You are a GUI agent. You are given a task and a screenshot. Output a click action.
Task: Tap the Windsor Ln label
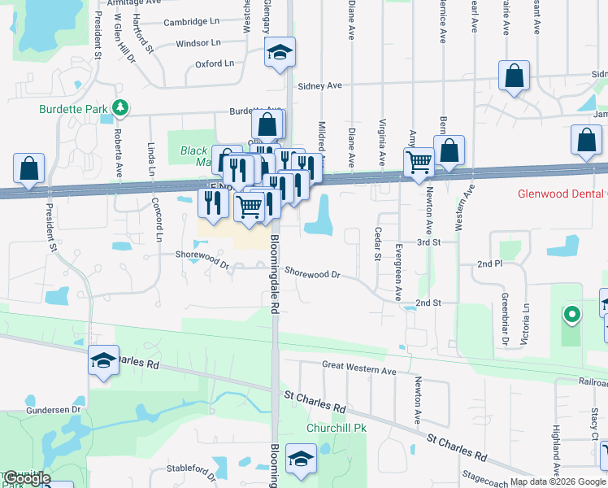198,43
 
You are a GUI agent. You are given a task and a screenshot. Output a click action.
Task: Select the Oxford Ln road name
215,63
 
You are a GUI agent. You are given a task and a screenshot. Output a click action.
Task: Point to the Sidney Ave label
319,85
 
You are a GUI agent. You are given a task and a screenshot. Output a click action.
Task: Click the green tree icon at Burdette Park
120,107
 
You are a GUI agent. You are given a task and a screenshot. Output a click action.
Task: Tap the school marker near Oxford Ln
280,54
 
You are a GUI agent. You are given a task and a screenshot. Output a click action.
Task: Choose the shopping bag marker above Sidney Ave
515,77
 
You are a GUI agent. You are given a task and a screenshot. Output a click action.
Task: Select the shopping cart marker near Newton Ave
419,161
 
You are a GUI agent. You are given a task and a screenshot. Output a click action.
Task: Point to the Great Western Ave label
358,370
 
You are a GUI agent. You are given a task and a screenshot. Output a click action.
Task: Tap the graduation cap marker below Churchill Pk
301,460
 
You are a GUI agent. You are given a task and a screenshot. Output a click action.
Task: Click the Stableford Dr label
191,468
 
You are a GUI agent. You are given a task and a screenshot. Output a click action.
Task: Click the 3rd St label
428,242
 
